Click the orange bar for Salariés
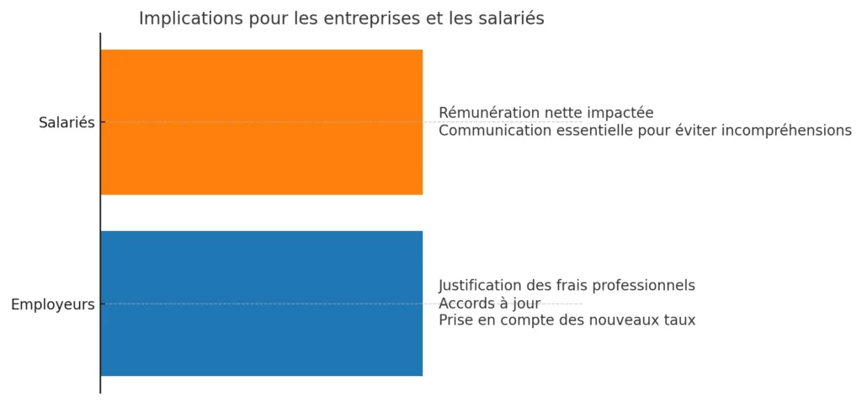(261, 122)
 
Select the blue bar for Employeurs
(261, 304)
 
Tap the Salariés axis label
(67, 122)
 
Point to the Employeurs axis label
(52, 304)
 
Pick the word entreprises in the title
(371, 19)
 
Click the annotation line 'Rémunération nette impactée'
(545, 113)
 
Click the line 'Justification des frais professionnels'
(567, 285)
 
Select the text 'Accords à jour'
(489, 303)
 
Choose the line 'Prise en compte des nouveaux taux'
(567, 320)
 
